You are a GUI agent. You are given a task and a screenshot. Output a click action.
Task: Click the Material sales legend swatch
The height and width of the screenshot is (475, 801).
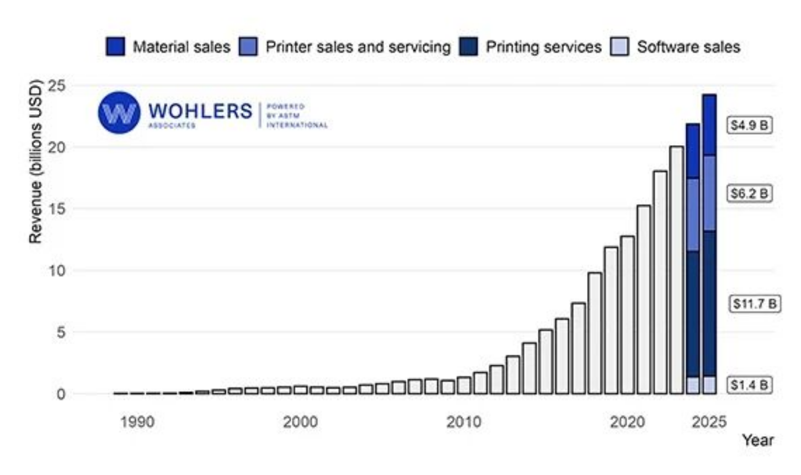pos(115,47)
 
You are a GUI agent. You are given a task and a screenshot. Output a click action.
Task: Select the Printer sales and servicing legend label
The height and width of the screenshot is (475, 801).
pos(358,47)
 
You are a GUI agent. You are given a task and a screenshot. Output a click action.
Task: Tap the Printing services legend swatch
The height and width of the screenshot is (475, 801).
pos(468,47)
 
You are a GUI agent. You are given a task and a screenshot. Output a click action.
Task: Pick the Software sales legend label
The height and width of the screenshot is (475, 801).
pos(688,47)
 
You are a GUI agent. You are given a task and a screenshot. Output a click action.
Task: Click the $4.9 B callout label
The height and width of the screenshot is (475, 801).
pos(749,125)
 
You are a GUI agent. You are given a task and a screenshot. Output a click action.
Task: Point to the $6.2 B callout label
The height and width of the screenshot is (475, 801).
pos(749,194)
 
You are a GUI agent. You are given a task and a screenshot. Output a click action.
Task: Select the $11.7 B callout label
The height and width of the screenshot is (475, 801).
pos(755,303)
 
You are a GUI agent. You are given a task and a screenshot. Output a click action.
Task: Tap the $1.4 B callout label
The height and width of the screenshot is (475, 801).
pos(749,385)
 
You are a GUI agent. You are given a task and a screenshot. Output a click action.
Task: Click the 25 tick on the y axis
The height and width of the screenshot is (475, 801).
pos(56,86)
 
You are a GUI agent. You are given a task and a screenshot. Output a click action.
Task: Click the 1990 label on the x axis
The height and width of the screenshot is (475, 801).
pos(137,422)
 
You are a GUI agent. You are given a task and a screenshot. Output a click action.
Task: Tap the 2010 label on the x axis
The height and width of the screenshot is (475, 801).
pos(463,422)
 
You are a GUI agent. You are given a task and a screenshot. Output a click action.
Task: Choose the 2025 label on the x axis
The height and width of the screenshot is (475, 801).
pos(709,422)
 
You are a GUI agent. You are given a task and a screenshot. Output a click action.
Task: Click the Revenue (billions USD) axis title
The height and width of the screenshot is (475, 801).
pos(35,162)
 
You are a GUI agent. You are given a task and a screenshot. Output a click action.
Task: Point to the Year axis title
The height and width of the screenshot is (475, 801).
pos(757,440)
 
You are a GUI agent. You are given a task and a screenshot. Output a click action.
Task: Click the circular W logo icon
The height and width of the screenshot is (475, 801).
pos(119,113)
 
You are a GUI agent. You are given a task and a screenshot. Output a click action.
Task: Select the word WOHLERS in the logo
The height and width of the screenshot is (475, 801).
pos(200,111)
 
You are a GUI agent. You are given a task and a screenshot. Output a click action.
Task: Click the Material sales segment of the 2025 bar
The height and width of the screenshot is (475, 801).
pos(709,125)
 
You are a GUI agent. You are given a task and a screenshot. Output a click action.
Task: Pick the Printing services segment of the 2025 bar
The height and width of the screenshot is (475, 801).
pos(709,303)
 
